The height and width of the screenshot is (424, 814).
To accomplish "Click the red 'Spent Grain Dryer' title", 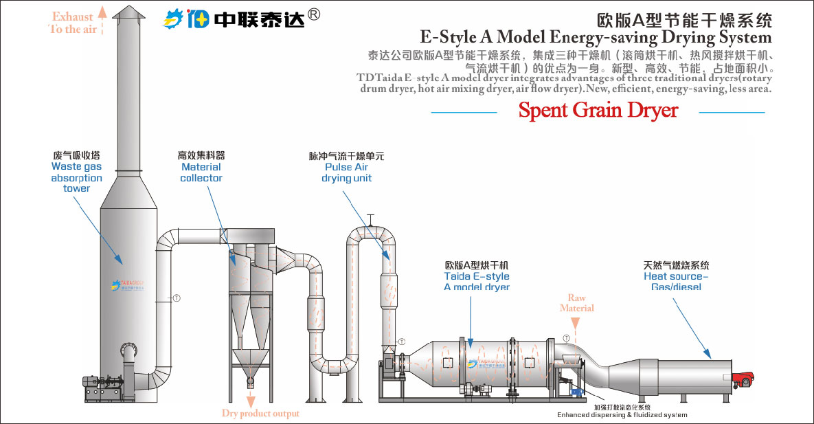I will pos(598,110).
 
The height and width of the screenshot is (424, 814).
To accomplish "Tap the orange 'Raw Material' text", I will pos(576,303).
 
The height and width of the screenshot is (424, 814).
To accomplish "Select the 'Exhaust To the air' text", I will pos(73,23).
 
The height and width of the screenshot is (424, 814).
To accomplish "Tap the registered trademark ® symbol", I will pos(314,14).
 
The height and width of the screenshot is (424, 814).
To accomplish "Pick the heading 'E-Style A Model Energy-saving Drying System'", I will pos(596,36).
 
